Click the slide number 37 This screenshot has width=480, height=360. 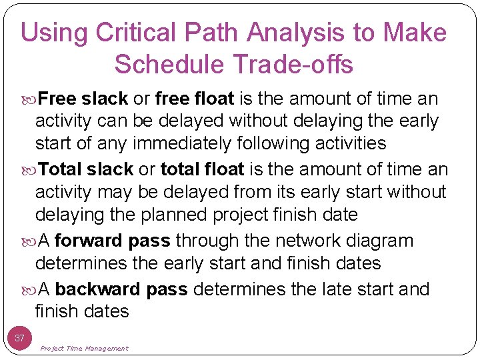20,338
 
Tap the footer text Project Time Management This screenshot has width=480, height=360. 84,348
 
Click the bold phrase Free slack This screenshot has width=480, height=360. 83,99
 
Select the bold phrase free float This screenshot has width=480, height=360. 194,99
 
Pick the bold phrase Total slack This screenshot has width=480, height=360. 86,169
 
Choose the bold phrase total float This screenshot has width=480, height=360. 203,169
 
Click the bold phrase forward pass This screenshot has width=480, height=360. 115,241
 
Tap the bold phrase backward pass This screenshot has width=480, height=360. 123,289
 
